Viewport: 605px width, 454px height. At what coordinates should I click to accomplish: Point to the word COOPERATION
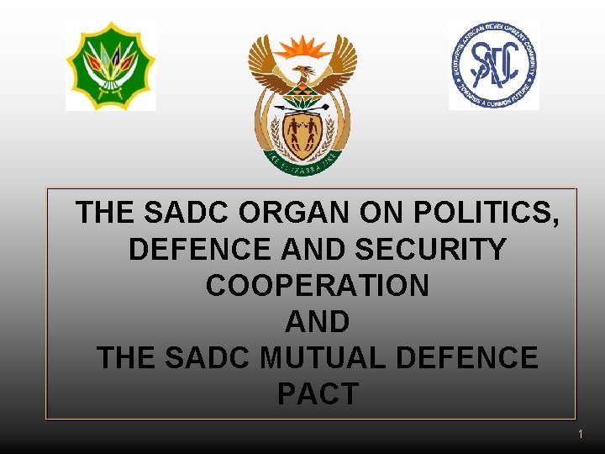tap(318, 286)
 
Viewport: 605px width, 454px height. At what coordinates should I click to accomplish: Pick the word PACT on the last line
tap(318, 394)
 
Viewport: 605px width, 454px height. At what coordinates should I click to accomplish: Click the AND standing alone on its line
tap(318, 322)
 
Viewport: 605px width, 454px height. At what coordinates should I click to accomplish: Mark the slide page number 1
tap(581, 435)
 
